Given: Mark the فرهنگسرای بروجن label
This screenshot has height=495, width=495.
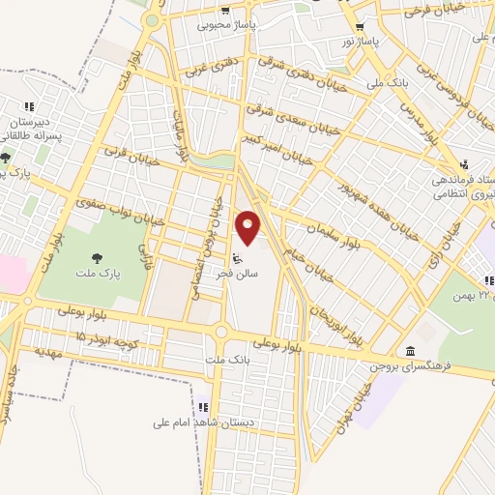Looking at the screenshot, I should pos(415,367).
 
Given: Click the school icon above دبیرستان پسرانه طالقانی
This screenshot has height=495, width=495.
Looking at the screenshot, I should pos(29,105).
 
